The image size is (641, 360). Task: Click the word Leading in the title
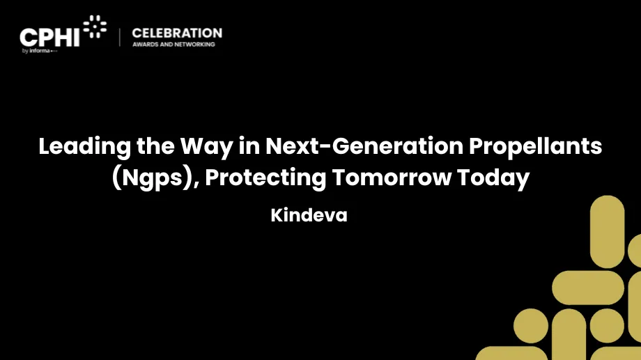[84, 146]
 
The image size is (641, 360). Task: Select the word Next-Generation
[364, 146]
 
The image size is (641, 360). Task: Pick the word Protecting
[265, 178]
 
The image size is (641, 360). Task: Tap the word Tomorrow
[392, 178]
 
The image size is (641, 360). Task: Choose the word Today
[493, 178]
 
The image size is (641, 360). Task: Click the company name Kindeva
[309, 215]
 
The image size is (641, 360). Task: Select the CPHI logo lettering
[49, 38]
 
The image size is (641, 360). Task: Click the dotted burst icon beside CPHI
[95, 26]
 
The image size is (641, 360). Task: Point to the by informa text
[40, 51]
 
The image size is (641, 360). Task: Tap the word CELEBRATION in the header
[177, 33]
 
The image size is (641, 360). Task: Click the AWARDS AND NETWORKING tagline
[173, 44]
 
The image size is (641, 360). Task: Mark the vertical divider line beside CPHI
[120, 37]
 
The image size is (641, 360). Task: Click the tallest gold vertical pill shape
[607, 232]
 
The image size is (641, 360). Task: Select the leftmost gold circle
[531, 326]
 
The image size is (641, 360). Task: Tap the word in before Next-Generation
[249, 146]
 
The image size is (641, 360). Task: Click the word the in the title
[156, 146]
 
